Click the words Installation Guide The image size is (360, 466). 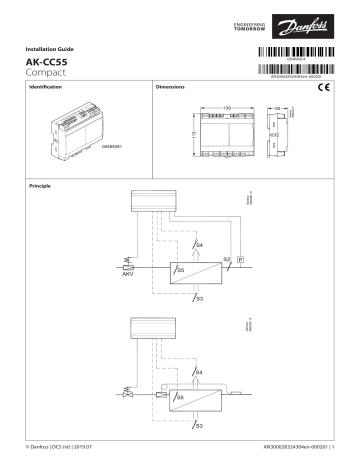coord(49,49)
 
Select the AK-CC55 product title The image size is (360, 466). coord(45,62)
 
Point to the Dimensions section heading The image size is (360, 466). coord(171,89)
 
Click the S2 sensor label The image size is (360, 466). coord(226,259)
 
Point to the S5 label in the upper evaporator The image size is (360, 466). coord(180,270)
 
